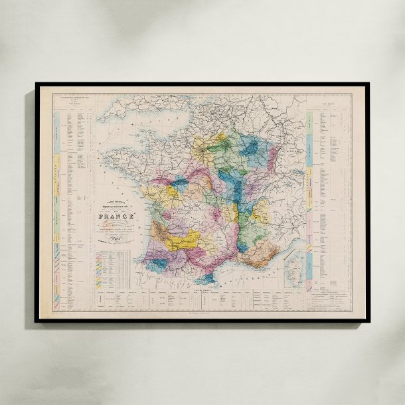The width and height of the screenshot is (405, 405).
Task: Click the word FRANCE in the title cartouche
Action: (116, 216)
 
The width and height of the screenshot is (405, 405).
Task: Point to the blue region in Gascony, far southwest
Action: (158, 264)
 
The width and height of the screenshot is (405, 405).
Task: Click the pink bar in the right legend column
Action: (310, 219)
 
